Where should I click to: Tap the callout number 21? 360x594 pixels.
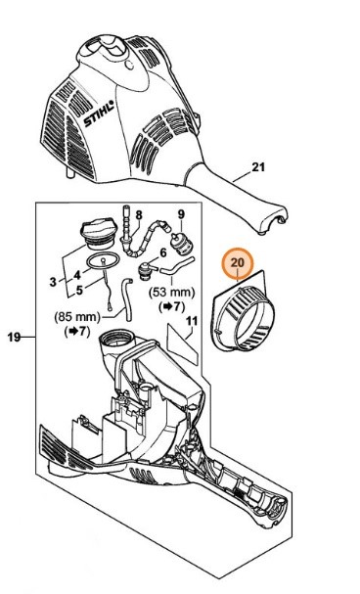tap(258, 167)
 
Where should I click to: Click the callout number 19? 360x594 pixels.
tap(14, 338)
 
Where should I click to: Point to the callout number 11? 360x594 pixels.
tap(192, 320)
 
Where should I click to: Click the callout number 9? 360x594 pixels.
tap(180, 214)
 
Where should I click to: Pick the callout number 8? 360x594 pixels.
tap(138, 215)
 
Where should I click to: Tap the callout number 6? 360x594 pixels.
tap(163, 252)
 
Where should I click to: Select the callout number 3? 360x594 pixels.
tap(53, 282)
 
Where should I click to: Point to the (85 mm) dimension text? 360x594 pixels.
tap(82, 316)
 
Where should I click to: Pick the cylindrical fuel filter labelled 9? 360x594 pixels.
tap(180, 240)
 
